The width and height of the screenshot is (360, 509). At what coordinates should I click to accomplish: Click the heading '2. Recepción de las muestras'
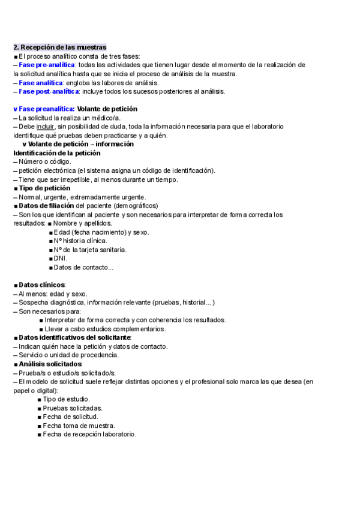coord(60,47)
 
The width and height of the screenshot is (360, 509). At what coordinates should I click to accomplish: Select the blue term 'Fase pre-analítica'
coord(47,65)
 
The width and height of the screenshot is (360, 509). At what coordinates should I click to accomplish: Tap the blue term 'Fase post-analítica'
coord(49,91)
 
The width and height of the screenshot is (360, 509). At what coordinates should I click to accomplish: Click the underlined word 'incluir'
coord(45,127)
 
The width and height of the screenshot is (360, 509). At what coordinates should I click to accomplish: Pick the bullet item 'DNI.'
coord(61,259)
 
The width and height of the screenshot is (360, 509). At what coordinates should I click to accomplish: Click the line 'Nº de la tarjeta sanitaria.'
coord(90,250)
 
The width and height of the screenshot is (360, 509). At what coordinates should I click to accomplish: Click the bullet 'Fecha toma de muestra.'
coord(79,426)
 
